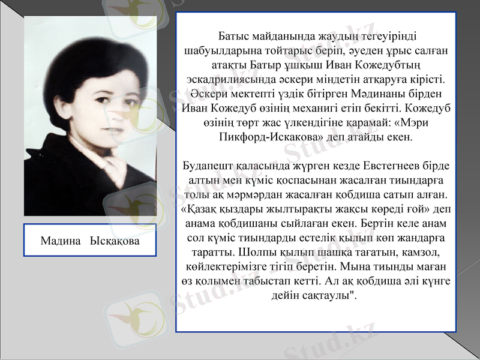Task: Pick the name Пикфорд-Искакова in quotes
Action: pos(269,137)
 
